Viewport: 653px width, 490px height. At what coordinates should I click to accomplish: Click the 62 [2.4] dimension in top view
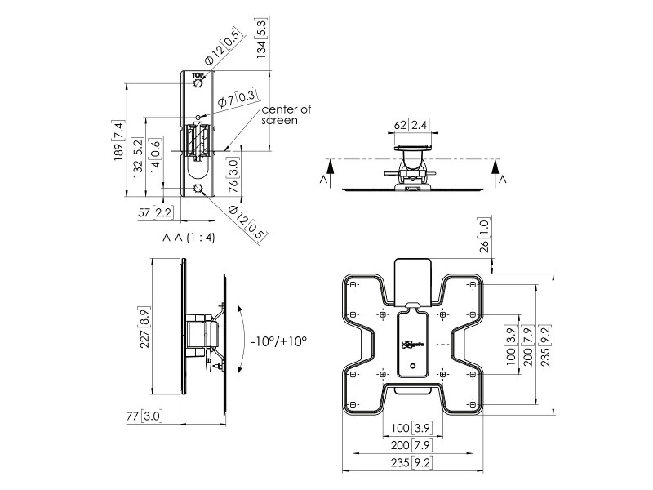click(411, 125)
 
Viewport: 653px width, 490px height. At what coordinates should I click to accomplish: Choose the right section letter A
click(503, 177)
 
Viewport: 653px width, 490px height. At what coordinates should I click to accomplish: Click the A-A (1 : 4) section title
click(189, 238)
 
